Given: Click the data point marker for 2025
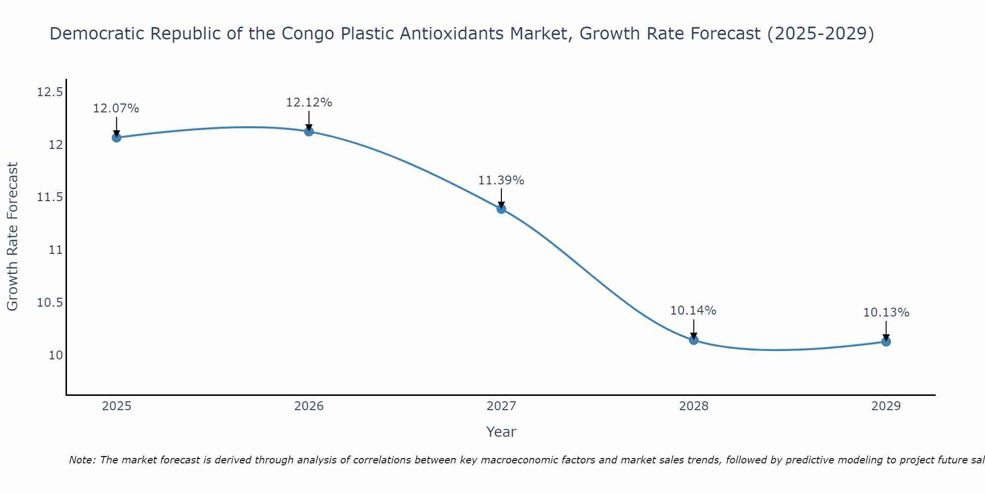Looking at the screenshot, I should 116,138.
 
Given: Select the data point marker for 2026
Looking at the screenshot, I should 309,132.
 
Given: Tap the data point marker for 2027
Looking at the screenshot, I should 501,209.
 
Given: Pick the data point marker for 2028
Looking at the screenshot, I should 693,340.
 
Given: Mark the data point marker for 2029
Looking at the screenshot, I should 886,341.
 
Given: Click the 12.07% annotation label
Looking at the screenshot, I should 116,108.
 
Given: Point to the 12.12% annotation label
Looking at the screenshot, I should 309,103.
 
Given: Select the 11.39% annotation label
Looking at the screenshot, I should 501,180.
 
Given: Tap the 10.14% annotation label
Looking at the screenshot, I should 693,311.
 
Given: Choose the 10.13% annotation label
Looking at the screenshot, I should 886,313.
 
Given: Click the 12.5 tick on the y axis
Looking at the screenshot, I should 50,92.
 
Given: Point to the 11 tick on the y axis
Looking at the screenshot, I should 56,250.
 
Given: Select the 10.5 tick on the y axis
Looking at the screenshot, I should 50,303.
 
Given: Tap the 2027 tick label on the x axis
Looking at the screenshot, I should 501,406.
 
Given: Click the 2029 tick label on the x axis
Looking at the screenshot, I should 886,406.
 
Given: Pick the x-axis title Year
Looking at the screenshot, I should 501,432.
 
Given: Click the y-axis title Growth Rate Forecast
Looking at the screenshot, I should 13,237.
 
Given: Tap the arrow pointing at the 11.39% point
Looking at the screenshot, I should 501,198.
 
